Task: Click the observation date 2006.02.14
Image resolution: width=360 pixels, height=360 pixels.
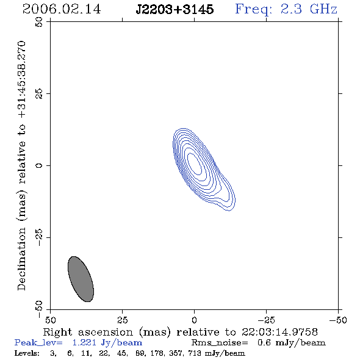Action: click(x=62, y=9)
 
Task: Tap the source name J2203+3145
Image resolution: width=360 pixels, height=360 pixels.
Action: click(x=175, y=10)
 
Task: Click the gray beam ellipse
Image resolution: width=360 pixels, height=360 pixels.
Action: click(x=81, y=279)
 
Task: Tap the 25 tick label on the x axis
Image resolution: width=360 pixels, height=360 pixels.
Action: click(x=122, y=320)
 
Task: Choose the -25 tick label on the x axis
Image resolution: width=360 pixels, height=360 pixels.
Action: click(x=266, y=320)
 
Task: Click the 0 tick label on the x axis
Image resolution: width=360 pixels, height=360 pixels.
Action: click(x=194, y=320)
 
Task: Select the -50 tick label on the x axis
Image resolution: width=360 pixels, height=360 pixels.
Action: click(x=338, y=320)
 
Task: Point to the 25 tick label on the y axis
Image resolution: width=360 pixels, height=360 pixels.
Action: click(x=39, y=94)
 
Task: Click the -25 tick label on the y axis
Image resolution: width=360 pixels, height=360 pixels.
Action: click(x=39, y=237)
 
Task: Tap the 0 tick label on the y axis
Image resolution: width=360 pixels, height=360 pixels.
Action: click(x=39, y=165)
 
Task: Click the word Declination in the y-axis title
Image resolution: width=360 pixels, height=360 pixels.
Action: click(x=21, y=259)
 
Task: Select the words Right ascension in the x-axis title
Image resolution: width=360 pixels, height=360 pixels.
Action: click(x=88, y=332)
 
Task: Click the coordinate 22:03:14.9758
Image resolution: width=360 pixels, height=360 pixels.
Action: click(x=279, y=332)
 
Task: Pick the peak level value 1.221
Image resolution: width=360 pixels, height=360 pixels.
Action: click(x=84, y=343)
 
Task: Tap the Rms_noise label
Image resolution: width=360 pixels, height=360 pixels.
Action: click(x=220, y=343)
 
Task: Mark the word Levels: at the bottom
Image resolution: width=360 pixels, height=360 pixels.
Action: click(x=27, y=353)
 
